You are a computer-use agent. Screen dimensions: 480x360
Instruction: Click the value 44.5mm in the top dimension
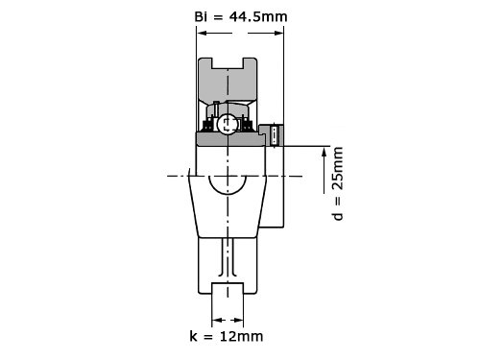click(258, 16)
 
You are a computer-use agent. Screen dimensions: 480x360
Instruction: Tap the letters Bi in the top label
click(201, 16)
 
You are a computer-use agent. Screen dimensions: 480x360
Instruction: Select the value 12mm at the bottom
click(242, 336)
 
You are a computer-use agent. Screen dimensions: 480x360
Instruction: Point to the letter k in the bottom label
click(193, 336)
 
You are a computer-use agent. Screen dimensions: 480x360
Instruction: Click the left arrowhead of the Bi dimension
click(202, 33)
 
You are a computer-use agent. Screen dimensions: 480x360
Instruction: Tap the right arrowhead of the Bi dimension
click(278, 33)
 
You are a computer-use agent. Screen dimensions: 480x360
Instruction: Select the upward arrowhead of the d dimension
click(324, 153)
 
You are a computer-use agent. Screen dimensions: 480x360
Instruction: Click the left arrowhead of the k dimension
click(217, 320)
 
